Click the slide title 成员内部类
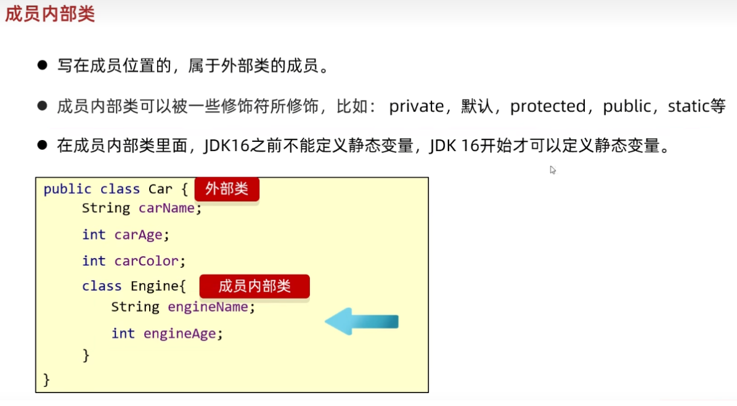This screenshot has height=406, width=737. click(50, 15)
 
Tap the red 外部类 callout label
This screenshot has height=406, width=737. click(227, 189)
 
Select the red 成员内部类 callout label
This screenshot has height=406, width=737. click(254, 286)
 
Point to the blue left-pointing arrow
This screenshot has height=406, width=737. click(362, 321)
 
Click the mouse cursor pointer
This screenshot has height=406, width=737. click(553, 170)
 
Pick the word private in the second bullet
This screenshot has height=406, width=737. click(416, 107)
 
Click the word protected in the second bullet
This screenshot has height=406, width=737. click(548, 107)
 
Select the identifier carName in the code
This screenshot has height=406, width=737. click(166, 209)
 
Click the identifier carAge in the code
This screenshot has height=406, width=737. click(139, 235)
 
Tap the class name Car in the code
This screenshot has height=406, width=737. click(160, 189)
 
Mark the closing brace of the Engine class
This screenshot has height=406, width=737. click(86, 355)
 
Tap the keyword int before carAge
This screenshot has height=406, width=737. click(94, 235)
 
